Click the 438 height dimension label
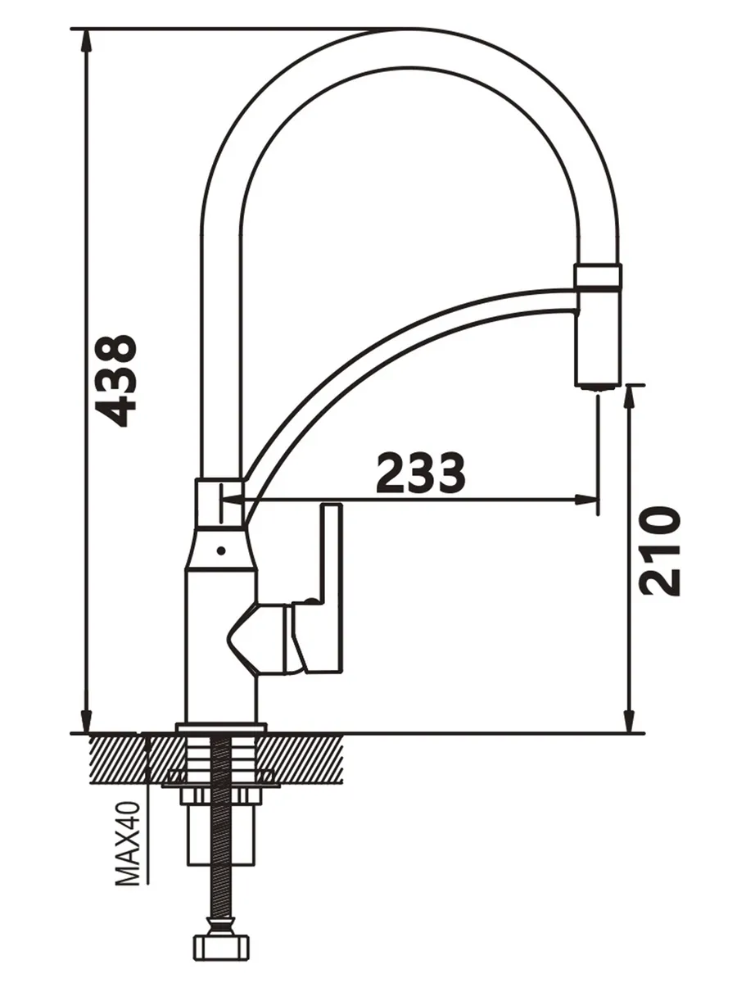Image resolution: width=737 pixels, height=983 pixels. [116, 381]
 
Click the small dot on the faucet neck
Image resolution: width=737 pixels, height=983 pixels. [220, 551]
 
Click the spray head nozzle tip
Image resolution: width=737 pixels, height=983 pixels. [598, 387]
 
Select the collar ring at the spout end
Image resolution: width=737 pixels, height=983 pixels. [598, 275]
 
